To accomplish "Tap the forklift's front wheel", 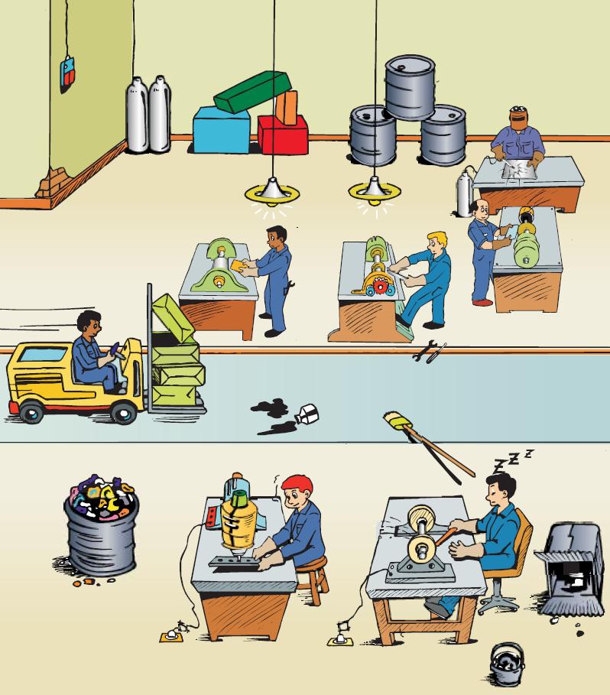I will pos(122,413).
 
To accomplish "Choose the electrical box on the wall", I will pos(68,75).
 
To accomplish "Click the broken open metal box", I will pos(571,570).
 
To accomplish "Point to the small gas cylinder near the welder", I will pos(463,196).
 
